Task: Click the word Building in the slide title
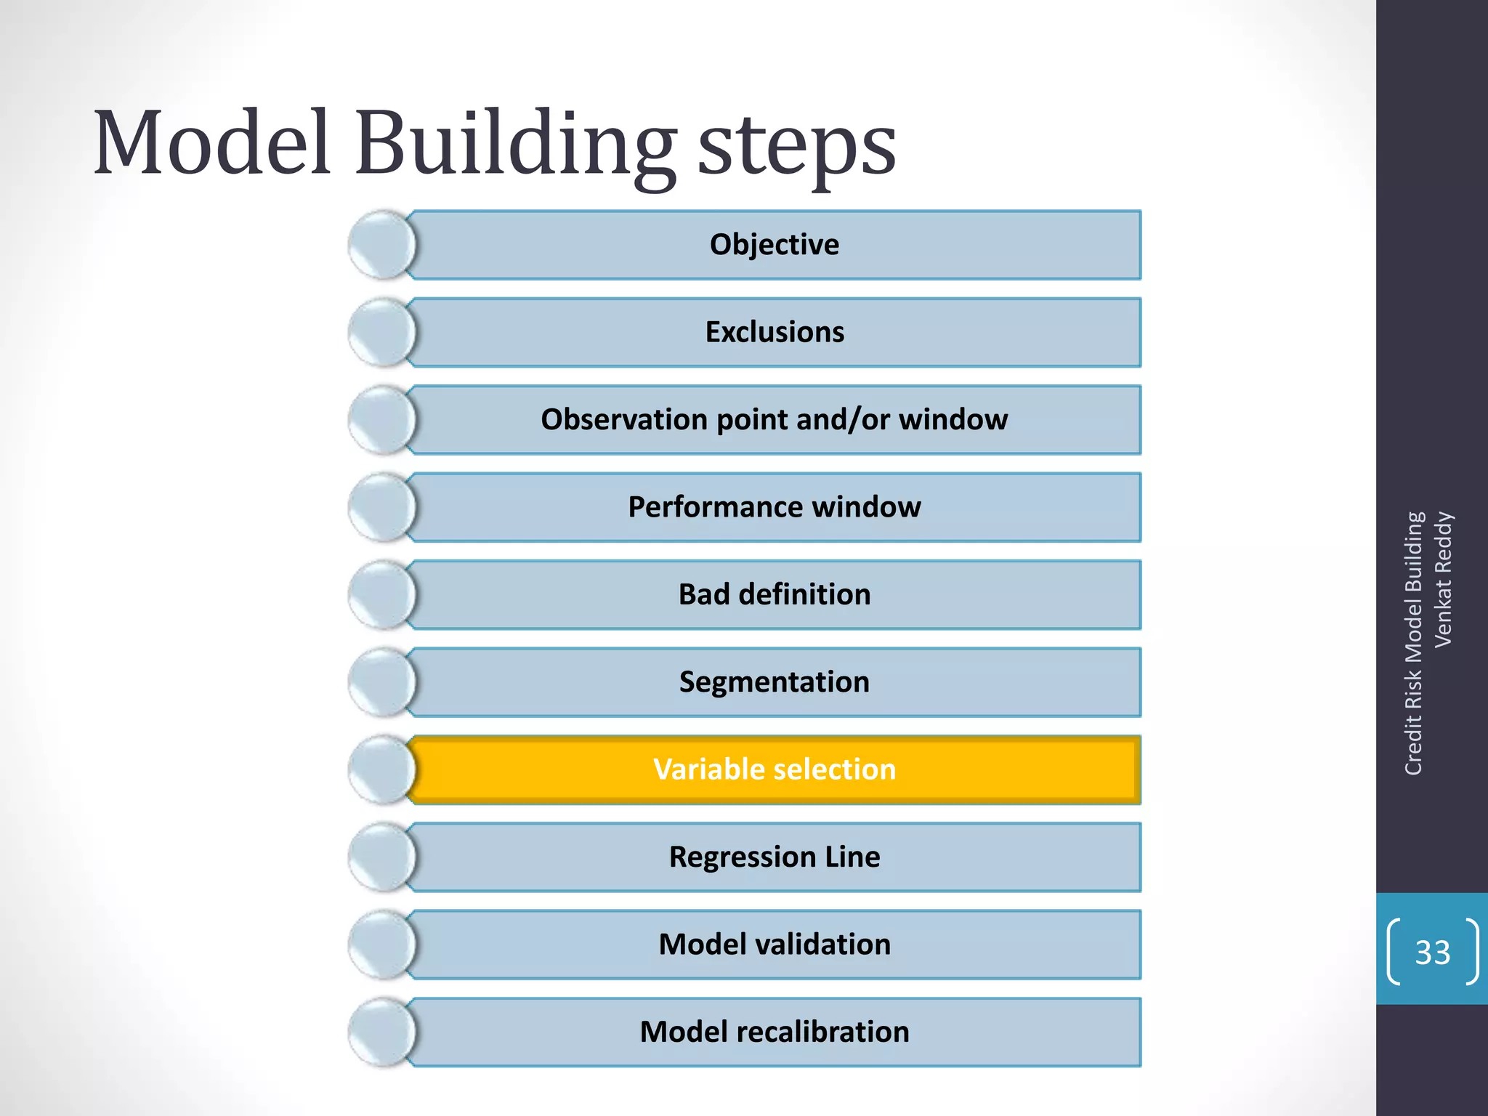coord(514,145)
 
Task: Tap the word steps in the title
coord(796,149)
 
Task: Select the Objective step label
coord(774,245)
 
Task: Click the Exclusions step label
coord(775,332)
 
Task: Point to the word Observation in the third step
coord(624,420)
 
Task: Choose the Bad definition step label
coord(775,594)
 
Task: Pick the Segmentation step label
coord(775,682)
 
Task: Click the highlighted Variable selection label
coord(775,769)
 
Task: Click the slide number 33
coord(1432,952)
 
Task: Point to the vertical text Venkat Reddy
coord(1443,579)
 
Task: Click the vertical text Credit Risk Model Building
coord(1413,643)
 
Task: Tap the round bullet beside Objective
coord(382,245)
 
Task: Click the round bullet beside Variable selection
coord(382,769)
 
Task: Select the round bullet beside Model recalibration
coord(382,1032)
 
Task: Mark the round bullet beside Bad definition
coord(382,594)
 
